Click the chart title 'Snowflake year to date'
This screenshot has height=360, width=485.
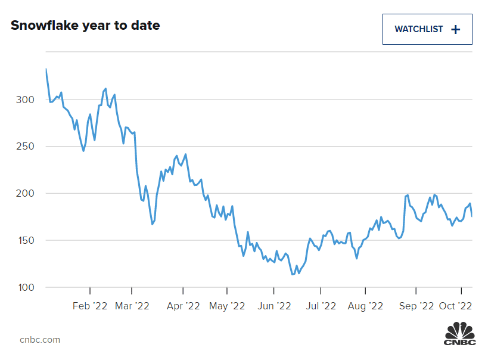pyautogui.click(x=85, y=26)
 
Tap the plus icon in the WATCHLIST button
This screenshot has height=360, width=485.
pyautogui.click(x=456, y=29)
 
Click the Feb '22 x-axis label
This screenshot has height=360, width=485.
pyautogui.click(x=90, y=306)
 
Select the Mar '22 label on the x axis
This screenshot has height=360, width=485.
pyautogui.click(x=132, y=306)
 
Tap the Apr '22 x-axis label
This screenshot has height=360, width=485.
pyautogui.click(x=183, y=306)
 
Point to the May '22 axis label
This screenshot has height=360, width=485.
pyautogui.click(x=227, y=306)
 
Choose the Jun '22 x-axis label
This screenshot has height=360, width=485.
pyautogui.click(x=273, y=306)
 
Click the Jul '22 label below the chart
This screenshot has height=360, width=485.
pyautogui.click(x=321, y=306)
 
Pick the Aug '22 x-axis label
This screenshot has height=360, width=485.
pyautogui.click(x=365, y=306)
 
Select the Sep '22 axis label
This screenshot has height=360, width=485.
pyautogui.click(x=416, y=306)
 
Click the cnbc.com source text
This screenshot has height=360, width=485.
pyautogui.click(x=40, y=340)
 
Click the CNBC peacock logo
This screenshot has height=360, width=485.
pyautogui.click(x=460, y=333)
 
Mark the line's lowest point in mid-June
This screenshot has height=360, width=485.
pyautogui.click(x=292, y=274)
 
